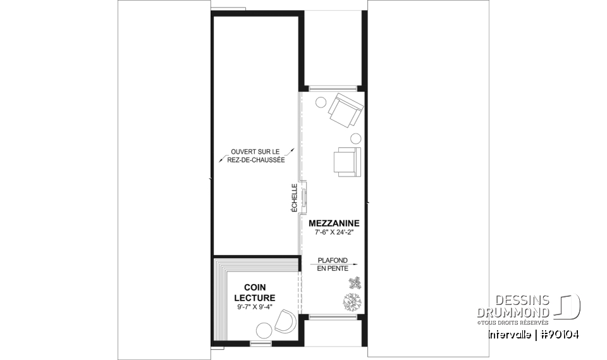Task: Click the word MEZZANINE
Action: [x=334, y=223]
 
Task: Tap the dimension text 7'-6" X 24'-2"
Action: [x=334, y=232]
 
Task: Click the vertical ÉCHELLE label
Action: [x=294, y=197]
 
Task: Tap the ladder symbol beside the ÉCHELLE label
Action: [x=303, y=196]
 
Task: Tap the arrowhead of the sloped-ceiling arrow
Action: [x=356, y=264]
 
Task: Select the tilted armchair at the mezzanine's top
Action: [x=345, y=109]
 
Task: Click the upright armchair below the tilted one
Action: [x=346, y=161]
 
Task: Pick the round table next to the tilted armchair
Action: [x=321, y=101]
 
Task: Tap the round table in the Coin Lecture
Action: [x=262, y=329]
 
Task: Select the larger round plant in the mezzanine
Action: [x=352, y=302]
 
